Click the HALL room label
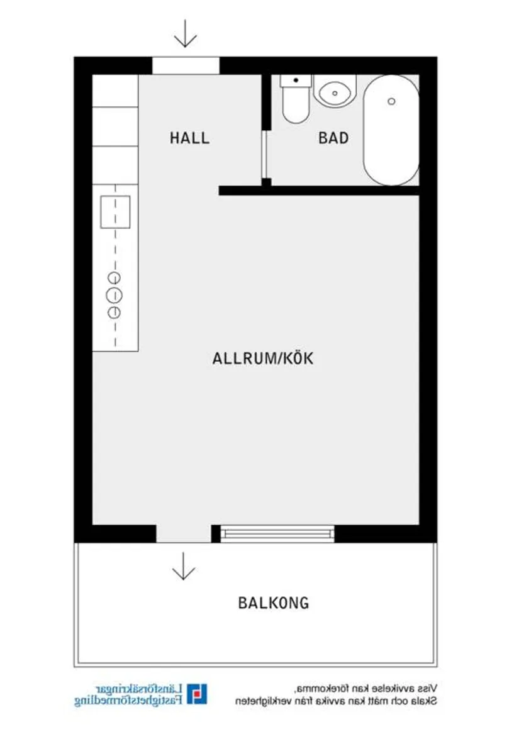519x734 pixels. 189,138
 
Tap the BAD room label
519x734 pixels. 333,138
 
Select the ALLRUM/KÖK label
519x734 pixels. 263,359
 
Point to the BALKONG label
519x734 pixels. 274,603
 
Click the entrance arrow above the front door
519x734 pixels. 185,34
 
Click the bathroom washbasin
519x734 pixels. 334,92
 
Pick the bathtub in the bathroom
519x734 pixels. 391,130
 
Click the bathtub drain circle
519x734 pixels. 391,101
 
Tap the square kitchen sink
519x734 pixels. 115,212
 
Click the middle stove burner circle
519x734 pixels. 114,294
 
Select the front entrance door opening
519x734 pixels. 186,65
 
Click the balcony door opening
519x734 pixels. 183,533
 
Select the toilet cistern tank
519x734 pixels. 296,81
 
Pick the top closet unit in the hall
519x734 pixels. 115,91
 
